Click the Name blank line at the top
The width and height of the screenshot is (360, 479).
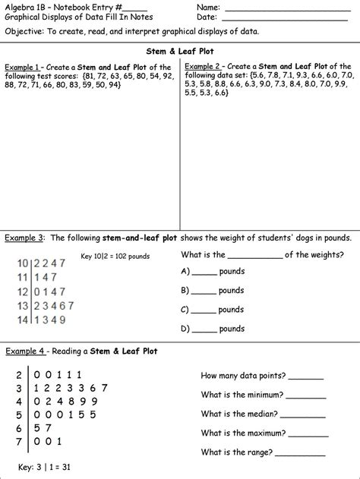[x=281, y=8]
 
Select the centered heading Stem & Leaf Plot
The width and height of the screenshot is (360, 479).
[x=179, y=50]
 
